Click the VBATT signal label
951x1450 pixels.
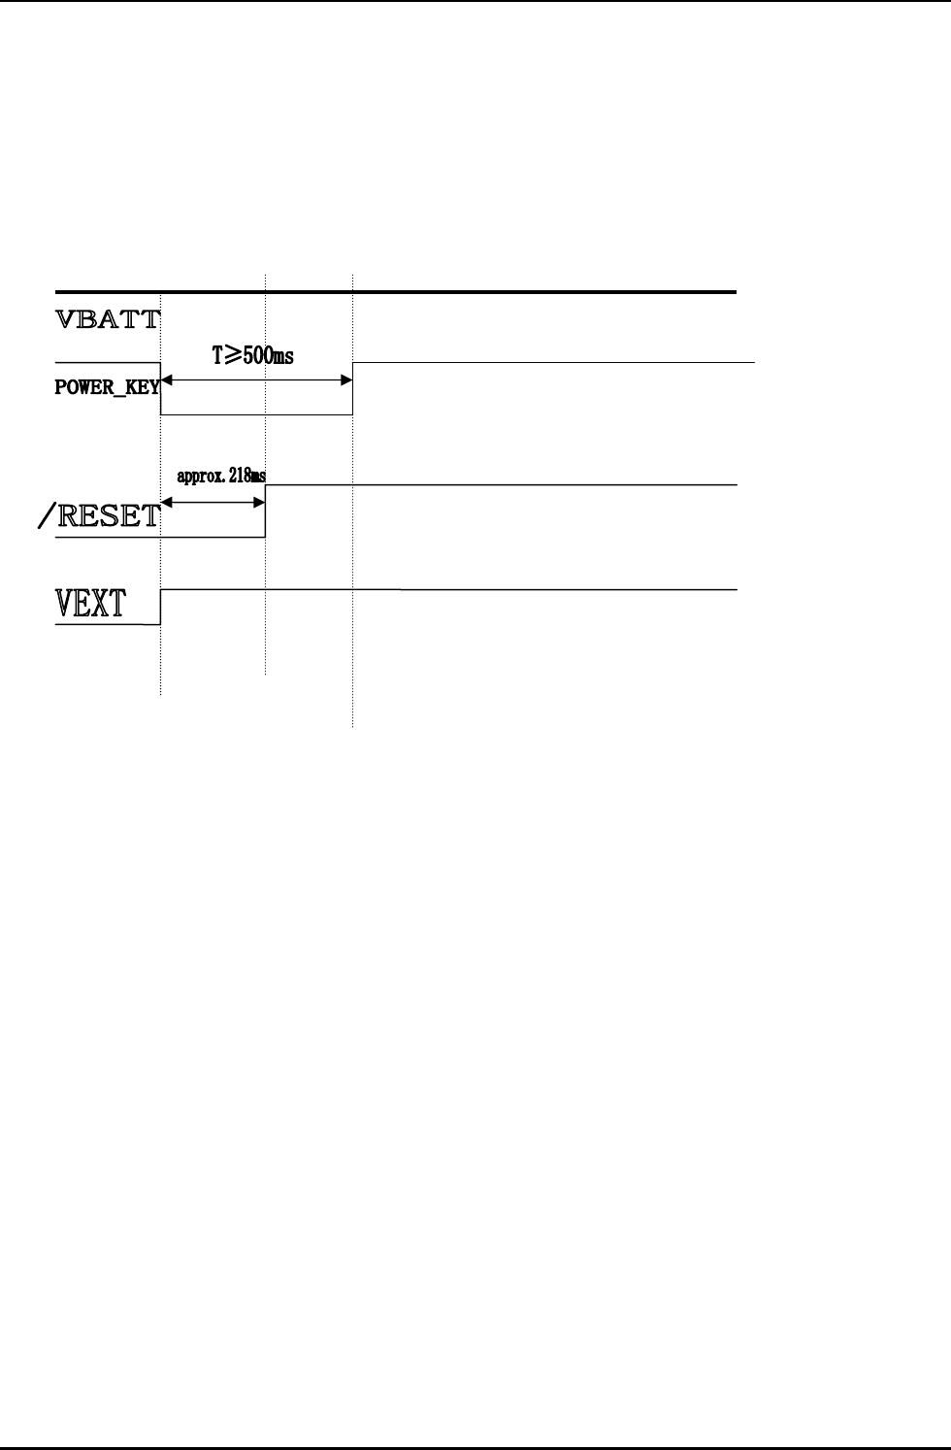coord(107,319)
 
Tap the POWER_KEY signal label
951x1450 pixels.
coord(107,389)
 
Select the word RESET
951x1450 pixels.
coord(109,515)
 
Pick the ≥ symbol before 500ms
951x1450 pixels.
coord(232,356)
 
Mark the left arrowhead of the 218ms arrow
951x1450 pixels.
coord(166,502)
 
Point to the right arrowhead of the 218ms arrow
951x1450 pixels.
coord(259,502)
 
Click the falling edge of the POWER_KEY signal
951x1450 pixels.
coord(160,388)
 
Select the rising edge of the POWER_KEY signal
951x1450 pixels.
coord(352,388)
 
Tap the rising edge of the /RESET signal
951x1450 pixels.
coord(265,510)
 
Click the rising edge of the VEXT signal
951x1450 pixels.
coord(160,607)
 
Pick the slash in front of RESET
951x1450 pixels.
coord(46,516)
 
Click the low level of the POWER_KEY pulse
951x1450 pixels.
coord(256,414)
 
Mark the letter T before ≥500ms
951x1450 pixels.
coord(218,356)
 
